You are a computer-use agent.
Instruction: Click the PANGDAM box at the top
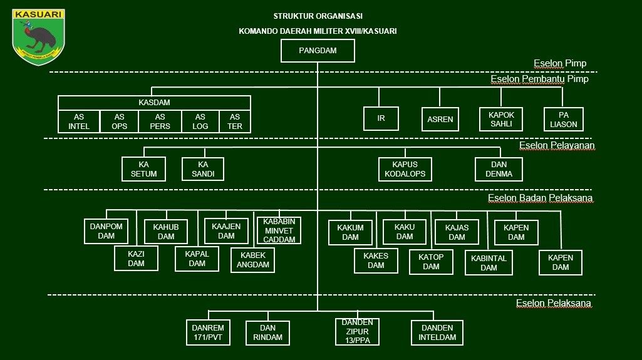point(318,51)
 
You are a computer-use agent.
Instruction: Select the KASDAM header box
point(154,103)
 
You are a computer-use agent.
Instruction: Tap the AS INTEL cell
point(79,121)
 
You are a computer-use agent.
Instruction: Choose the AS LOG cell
point(200,121)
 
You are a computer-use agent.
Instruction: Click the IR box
point(381,118)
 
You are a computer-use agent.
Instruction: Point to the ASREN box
point(440,120)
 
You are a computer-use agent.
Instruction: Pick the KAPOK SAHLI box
point(501,120)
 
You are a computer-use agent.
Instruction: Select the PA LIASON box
point(563,120)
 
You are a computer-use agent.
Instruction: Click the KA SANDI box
point(203,169)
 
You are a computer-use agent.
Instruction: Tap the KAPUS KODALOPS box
point(405,169)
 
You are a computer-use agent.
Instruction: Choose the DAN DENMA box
point(499,169)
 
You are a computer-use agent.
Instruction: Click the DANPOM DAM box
point(106,231)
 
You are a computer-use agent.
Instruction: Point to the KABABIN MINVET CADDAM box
point(279,230)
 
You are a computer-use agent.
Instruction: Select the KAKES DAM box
point(376,260)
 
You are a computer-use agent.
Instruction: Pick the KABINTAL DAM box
point(489,262)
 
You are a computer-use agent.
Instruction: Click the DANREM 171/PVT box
point(208,332)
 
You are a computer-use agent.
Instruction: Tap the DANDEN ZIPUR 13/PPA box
point(358,331)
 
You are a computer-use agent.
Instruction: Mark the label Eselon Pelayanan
point(557,146)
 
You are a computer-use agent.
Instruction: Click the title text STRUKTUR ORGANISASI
point(318,16)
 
